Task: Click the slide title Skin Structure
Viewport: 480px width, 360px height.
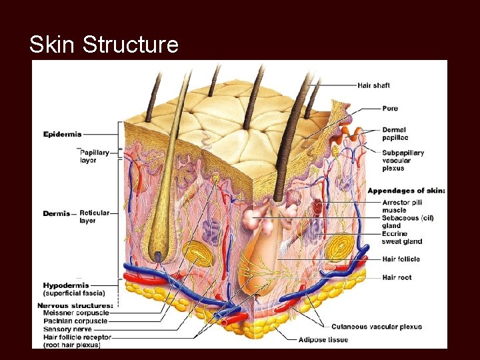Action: click(104, 45)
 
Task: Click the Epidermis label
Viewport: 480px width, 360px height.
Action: click(63, 134)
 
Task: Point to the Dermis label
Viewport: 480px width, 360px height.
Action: click(57, 213)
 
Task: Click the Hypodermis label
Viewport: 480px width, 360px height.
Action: click(65, 285)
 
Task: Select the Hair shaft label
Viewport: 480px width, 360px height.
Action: click(374, 85)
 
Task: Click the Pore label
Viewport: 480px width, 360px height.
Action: click(391, 108)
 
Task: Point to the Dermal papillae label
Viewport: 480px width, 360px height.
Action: click(394, 133)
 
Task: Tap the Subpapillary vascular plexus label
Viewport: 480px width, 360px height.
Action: click(403, 160)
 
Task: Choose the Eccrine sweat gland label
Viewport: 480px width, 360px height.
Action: click(402, 237)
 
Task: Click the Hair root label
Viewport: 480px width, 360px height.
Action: click(397, 277)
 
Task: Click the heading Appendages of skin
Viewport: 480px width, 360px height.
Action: click(406, 191)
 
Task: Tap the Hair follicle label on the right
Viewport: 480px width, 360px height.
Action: click(401, 259)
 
